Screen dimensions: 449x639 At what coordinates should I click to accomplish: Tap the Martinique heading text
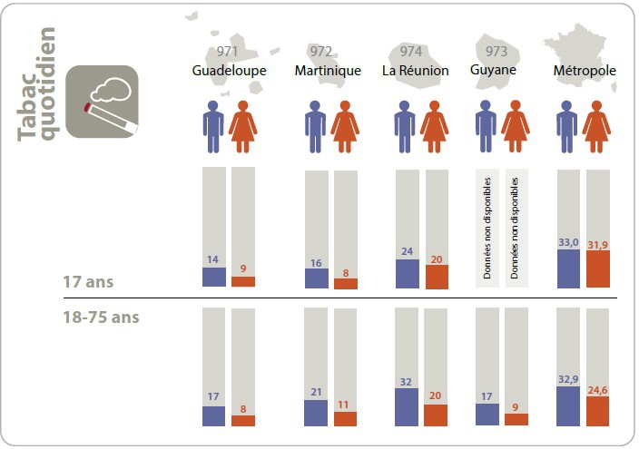pyautogui.click(x=328, y=71)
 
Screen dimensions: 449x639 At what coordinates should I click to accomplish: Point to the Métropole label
pyautogui.click(x=585, y=71)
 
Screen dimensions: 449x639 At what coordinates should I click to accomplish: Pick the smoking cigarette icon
pyautogui.click(x=103, y=102)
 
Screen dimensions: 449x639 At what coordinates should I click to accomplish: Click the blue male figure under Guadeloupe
pyautogui.click(x=213, y=126)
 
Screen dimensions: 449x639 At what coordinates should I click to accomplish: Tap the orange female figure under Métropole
pyautogui.click(x=597, y=126)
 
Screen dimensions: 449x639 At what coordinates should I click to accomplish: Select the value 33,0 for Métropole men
pyautogui.click(x=568, y=242)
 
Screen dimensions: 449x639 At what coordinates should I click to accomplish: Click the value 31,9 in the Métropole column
pyautogui.click(x=598, y=242)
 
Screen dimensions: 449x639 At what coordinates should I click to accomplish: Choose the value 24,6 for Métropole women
pyautogui.click(x=598, y=390)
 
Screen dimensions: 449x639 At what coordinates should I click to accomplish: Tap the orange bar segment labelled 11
pyautogui.click(x=346, y=418)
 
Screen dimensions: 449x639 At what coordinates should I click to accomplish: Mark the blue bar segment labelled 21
pyautogui.click(x=316, y=413)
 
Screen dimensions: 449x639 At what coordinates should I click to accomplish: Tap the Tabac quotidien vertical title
pyautogui.click(x=37, y=86)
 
